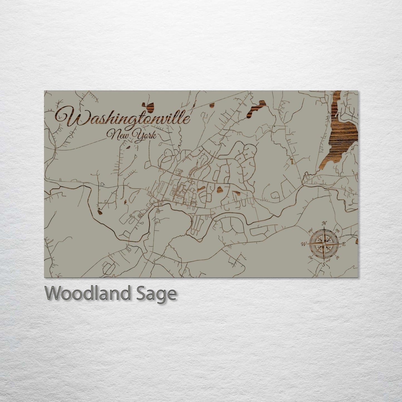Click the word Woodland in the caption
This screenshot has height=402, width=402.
coord(87,293)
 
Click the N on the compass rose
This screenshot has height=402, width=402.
coord(324,223)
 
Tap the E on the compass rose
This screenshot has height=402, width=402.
coord(344,244)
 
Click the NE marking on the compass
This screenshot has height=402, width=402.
coord(338,230)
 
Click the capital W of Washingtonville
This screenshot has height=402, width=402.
coord(65,117)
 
